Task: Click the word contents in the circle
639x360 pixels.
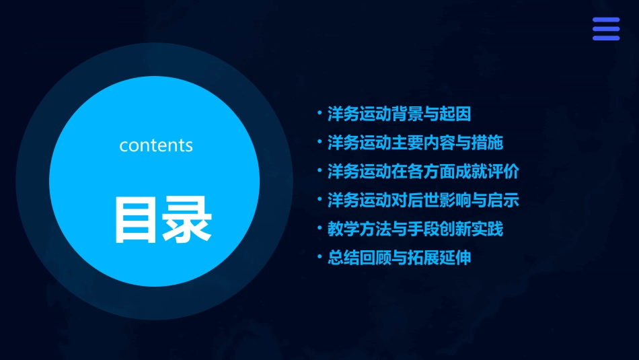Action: [x=156, y=145]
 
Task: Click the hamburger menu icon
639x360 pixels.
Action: [x=605, y=29]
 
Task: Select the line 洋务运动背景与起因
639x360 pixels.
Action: [x=399, y=114]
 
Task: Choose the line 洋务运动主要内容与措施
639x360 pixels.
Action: [x=415, y=143]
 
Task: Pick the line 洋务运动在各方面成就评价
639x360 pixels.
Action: [x=423, y=172]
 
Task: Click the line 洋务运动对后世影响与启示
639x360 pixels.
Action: [x=423, y=201]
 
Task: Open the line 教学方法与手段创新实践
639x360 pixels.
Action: [x=415, y=229]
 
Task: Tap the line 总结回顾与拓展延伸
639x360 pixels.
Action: [x=399, y=258]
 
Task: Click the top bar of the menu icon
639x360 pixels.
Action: [x=605, y=20]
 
